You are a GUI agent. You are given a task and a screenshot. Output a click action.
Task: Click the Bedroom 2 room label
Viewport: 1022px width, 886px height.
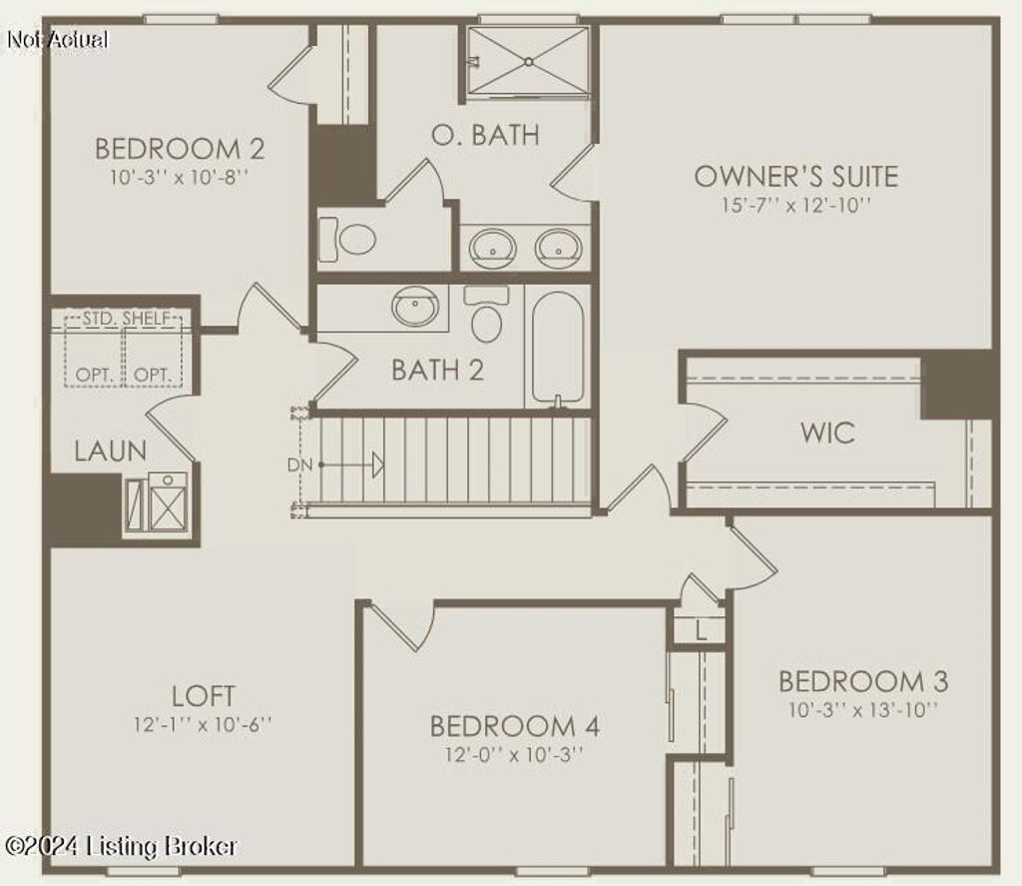[180, 150]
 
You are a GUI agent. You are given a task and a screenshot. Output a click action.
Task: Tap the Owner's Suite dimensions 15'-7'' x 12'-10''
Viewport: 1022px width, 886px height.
[795, 205]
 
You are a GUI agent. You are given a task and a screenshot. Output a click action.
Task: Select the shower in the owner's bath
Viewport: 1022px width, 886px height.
[528, 61]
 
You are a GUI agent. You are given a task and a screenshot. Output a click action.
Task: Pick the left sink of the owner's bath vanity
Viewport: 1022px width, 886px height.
[492, 247]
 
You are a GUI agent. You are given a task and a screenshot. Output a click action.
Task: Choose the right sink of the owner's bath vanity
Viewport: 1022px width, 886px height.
[558, 247]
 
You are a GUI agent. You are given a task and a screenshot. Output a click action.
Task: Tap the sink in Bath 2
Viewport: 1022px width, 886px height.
[415, 305]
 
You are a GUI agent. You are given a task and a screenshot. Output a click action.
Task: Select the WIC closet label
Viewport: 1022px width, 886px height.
[827, 434]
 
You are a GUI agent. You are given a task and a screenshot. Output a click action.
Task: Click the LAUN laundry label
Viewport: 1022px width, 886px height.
[110, 451]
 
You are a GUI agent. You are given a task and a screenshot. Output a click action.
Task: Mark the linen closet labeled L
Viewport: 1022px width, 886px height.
[701, 631]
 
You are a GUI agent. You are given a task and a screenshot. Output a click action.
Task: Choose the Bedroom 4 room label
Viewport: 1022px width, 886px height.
[514, 726]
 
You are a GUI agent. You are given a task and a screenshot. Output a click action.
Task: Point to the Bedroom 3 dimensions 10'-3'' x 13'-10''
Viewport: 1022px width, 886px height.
[862, 710]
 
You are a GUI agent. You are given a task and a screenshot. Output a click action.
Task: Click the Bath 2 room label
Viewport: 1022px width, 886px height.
[437, 371]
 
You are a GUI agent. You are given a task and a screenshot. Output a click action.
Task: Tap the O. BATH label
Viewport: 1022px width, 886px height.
[485, 135]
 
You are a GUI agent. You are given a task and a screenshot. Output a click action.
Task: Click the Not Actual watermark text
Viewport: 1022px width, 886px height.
[57, 40]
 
